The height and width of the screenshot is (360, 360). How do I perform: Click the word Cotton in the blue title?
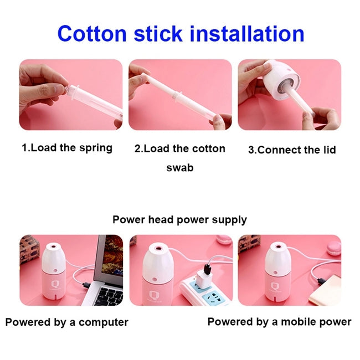[x=92, y=34]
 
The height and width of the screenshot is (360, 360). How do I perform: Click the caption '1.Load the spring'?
[x=67, y=148]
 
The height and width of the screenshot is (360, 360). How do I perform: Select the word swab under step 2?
[x=180, y=168]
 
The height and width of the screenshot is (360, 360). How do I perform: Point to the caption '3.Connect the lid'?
[x=292, y=150]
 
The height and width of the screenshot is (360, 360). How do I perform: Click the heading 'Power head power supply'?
[x=179, y=220]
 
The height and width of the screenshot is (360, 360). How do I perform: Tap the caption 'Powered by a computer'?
[x=67, y=322]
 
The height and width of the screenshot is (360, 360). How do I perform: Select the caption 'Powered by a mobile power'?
[x=279, y=322]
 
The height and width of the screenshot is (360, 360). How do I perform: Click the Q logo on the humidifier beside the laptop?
[x=55, y=284]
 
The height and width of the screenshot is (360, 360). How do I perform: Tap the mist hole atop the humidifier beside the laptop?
[x=54, y=246]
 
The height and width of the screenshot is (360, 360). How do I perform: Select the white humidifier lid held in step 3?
[x=282, y=80]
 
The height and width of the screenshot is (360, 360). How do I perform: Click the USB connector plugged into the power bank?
[x=321, y=280]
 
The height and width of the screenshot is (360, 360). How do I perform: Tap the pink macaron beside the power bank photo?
[x=333, y=249]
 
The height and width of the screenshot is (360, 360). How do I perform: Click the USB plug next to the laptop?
[x=86, y=285]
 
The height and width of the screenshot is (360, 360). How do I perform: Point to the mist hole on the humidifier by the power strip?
[x=158, y=248]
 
